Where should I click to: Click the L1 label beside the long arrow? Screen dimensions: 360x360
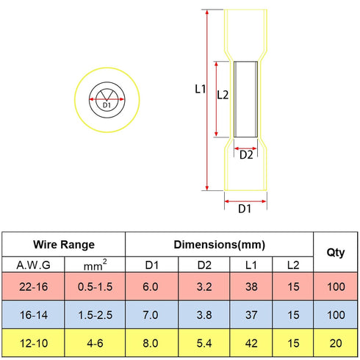200,89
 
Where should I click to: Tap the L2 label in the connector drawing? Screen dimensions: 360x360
223,95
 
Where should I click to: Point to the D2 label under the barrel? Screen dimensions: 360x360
246,155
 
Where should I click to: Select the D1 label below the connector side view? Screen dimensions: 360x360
245,209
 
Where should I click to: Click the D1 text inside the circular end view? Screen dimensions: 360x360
107,105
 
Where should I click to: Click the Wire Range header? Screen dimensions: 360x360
64,245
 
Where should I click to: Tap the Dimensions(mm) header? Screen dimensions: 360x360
219,245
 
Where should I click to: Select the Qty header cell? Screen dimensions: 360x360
336,253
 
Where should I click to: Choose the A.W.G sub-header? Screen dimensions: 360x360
34,265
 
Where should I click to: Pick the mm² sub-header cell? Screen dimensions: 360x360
96,265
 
